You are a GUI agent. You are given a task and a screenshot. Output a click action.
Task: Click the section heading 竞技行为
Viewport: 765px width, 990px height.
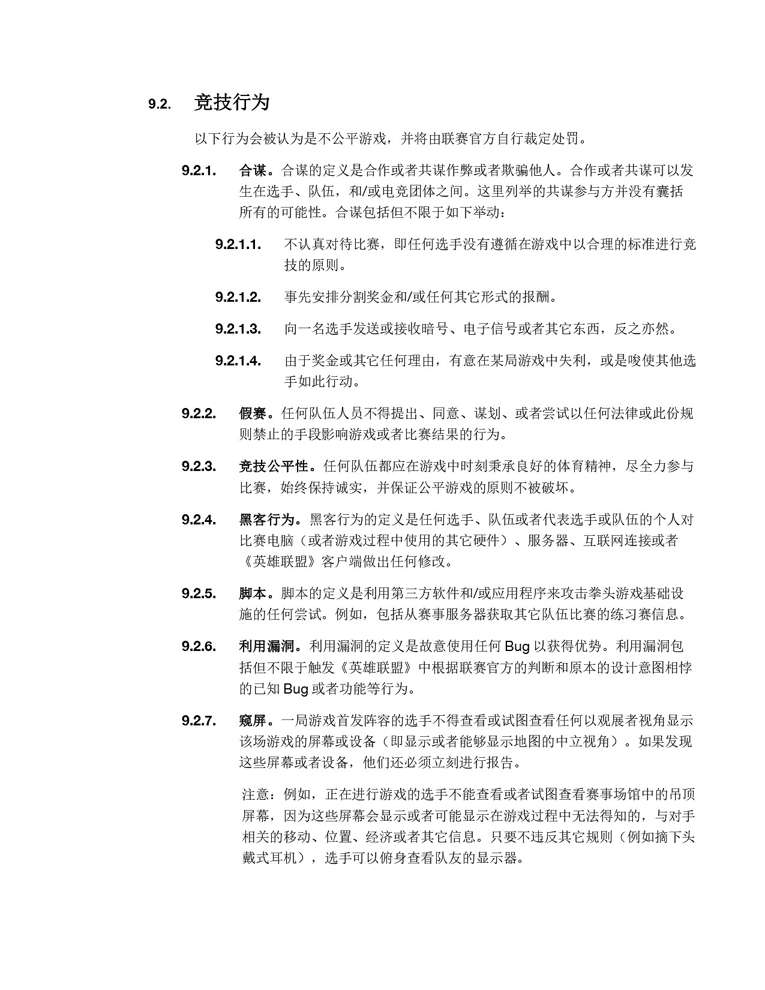(x=232, y=103)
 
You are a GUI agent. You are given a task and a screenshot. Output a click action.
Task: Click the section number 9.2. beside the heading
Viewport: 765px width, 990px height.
(x=159, y=104)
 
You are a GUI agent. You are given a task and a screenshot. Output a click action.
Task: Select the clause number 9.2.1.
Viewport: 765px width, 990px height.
(x=199, y=170)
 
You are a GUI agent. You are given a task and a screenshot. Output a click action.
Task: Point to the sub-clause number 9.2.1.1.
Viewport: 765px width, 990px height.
(x=238, y=244)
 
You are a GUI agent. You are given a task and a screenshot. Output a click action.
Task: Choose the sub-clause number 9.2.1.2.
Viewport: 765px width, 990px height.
(x=238, y=297)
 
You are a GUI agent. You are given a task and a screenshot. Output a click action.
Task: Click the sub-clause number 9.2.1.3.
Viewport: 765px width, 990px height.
(x=238, y=329)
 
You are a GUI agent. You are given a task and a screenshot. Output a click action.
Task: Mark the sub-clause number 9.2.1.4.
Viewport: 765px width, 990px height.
(x=238, y=361)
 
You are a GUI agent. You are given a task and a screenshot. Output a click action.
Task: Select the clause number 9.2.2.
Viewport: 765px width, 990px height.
(x=199, y=413)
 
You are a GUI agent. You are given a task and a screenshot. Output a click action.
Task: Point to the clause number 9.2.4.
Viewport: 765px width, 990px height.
(x=199, y=520)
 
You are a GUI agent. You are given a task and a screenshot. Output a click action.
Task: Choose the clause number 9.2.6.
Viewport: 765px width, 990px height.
(x=199, y=646)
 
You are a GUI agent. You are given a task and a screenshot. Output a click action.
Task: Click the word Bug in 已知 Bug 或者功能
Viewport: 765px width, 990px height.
(x=295, y=689)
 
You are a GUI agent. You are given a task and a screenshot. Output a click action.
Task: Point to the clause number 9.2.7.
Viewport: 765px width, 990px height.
(x=199, y=721)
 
